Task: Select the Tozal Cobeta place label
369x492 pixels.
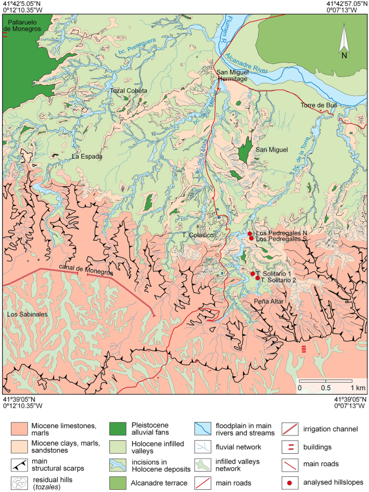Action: point(128,90)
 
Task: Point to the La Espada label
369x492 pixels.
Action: point(87,157)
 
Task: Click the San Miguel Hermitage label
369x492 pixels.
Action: point(232,76)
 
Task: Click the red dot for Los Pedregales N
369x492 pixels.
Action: point(249,233)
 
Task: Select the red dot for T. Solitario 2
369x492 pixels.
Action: point(257,278)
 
